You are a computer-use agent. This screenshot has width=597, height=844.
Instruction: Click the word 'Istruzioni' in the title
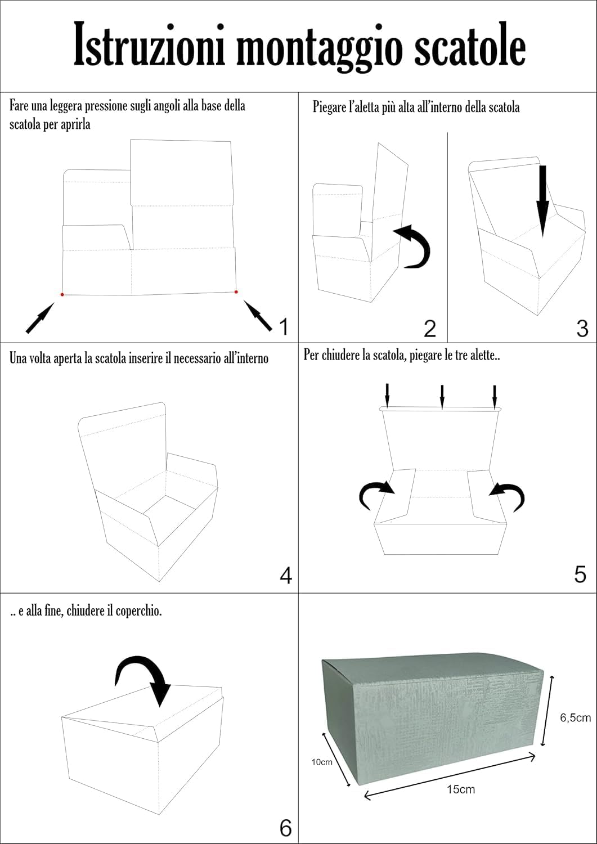[x=150, y=45]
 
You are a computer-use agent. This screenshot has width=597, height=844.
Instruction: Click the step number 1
[x=283, y=326]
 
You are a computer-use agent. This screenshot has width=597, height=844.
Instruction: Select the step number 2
[x=430, y=329]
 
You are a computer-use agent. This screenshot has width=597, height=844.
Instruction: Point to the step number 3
[x=582, y=329]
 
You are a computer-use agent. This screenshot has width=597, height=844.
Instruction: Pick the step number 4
[x=286, y=576]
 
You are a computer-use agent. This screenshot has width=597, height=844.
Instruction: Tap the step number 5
[x=580, y=574]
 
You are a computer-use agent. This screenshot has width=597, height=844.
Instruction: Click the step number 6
[x=286, y=828]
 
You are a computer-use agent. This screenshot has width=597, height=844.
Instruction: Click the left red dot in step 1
[x=62, y=294]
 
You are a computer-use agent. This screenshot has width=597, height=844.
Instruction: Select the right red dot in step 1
[x=236, y=291]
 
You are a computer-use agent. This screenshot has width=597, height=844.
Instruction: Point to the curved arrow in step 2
[x=414, y=246]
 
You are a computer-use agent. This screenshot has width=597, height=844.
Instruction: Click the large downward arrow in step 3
[x=542, y=200]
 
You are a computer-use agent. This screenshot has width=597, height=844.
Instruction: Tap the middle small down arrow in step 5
[x=442, y=396]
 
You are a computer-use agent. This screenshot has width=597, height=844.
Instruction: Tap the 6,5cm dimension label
[x=575, y=717]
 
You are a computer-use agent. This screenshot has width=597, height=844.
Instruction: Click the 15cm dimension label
[x=461, y=789]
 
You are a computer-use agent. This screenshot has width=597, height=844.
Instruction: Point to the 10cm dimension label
[x=322, y=762]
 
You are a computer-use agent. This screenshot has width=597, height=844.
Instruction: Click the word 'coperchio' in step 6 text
[x=138, y=611]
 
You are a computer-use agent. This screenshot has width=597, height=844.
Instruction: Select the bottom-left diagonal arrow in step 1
[x=39, y=317]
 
